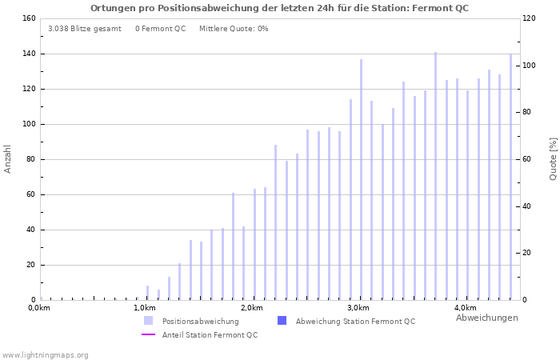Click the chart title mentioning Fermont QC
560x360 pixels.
(279, 8)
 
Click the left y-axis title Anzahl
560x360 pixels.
(8, 158)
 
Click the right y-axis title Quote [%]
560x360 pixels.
(553, 158)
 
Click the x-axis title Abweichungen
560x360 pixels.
(486, 318)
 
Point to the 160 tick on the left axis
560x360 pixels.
(28, 18)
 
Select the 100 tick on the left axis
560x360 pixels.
(28, 124)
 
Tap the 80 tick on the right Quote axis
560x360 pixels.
(530, 112)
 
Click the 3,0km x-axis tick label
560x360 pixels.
(358, 308)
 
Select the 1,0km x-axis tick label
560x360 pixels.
(144, 308)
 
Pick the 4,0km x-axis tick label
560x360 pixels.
(465, 308)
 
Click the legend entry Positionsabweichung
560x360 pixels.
(200, 322)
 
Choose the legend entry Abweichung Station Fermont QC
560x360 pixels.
(354, 322)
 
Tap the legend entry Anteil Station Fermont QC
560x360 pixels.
(210, 335)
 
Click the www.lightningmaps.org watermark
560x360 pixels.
(45, 355)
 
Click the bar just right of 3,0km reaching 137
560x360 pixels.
(361, 179)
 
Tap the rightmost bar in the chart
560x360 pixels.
(510, 177)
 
